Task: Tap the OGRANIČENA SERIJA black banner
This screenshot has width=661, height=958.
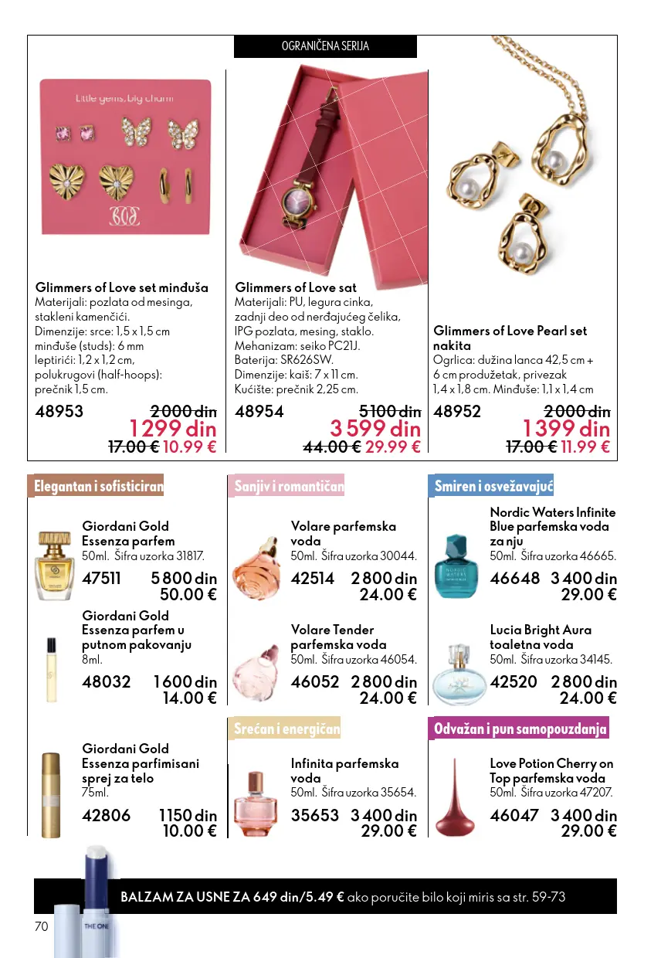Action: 325,46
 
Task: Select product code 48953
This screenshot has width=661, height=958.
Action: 59,412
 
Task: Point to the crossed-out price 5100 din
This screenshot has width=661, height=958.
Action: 390,412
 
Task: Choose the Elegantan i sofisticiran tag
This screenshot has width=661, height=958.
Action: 97,486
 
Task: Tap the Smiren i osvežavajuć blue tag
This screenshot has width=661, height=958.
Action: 492,486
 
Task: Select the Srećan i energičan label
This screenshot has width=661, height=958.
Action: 287,729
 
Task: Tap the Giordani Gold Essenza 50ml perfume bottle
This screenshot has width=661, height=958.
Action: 53,566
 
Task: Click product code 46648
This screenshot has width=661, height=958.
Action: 514,579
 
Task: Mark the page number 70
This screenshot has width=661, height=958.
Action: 41,926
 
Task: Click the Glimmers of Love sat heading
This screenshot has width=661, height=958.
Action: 296,287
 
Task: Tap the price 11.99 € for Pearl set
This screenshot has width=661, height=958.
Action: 585,447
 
